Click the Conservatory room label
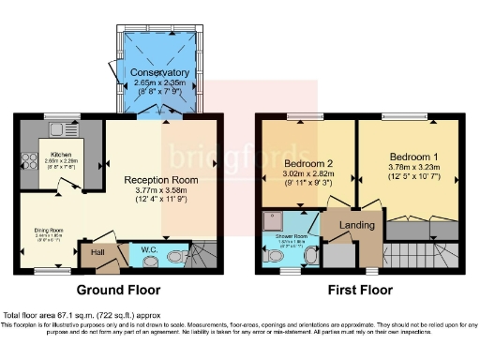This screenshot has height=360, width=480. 159,72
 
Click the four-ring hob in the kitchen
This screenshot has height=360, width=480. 28,132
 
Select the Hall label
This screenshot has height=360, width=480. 97,252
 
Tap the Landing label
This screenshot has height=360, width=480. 356,225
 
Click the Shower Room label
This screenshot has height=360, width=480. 291,236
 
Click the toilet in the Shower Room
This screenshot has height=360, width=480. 310,253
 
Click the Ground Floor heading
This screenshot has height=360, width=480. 117,290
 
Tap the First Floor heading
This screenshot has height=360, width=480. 360,290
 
